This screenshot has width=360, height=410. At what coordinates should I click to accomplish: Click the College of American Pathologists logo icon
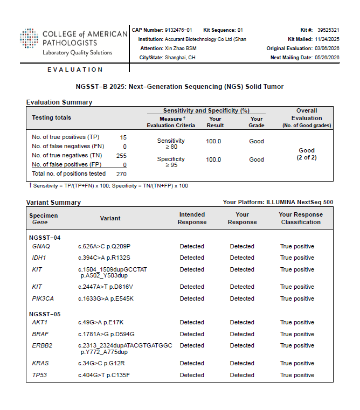pos(29,41)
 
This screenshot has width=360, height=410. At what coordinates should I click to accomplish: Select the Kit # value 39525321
pos(328,30)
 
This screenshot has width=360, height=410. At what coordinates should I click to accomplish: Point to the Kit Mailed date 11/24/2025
pos(327,39)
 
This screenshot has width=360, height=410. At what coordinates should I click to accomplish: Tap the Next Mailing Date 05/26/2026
pos(327,58)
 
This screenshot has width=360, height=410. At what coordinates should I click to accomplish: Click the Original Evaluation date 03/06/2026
pos(327,48)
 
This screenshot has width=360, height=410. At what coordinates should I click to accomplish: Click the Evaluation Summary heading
pos(59,102)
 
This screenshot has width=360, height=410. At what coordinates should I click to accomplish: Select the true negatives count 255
pos(121,155)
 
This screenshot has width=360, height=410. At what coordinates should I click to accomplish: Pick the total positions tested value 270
pos(121,174)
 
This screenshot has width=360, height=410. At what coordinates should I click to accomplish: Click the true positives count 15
pos(123,137)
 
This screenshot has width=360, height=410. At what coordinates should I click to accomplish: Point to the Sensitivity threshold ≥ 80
pos(170,147)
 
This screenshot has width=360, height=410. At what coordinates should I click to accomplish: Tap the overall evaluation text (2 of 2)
pos(307,158)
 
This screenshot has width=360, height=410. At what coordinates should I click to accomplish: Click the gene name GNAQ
pos(41,246)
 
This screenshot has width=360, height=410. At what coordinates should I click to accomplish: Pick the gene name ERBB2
pos(42,345)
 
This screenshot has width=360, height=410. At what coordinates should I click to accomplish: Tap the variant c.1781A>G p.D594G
pos(106,334)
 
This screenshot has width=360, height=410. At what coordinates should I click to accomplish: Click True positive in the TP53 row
pos(297,375)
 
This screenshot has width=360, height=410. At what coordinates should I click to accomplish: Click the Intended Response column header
pos(192,218)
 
